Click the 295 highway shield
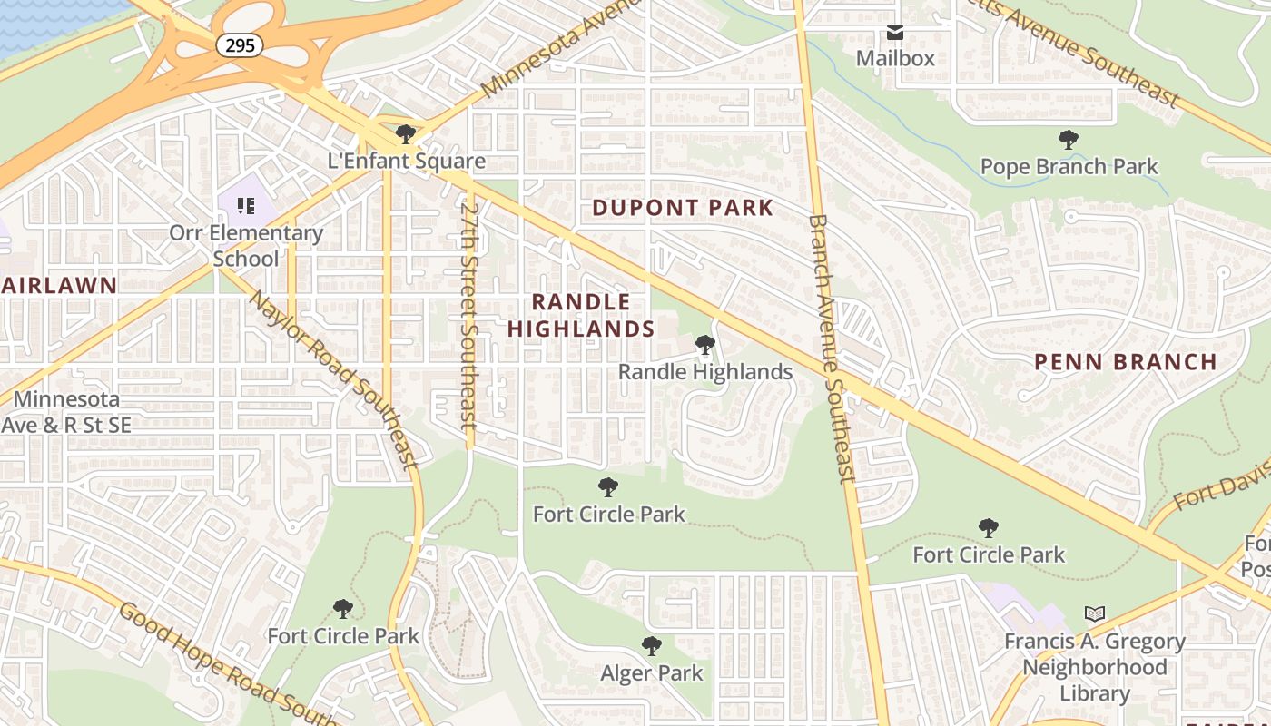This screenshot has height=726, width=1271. (239, 44)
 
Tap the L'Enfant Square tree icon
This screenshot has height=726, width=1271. (406, 135)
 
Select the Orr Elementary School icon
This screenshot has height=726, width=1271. (245, 206)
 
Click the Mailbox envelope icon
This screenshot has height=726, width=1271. (895, 33)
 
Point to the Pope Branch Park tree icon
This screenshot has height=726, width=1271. (1069, 140)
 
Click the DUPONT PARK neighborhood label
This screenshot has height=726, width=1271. (683, 208)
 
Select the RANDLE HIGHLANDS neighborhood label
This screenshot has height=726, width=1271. (580, 315)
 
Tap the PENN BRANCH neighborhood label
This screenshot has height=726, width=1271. (1126, 362)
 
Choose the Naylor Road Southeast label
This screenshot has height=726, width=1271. (333, 378)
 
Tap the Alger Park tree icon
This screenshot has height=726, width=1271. (651, 647)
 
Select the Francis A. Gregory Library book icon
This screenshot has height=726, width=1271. (1096, 614)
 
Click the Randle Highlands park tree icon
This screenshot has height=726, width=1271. (704, 345)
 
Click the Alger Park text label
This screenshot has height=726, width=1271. (651, 673)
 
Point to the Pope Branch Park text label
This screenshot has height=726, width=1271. (1069, 167)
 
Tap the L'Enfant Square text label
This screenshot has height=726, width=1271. (406, 162)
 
